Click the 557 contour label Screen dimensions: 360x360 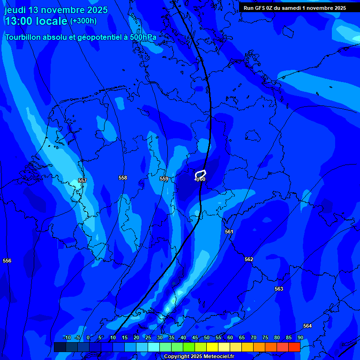point(82,180)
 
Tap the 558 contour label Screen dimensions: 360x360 point(123,178)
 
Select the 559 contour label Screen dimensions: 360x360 point(164,179)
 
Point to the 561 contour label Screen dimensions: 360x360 point(229,232)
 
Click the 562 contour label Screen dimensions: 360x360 point(249,259)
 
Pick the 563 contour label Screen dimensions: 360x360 point(279,289)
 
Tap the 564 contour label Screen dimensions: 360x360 point(307,326)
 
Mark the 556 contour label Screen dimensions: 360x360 point(7,261)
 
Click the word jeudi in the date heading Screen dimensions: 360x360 point(15,10)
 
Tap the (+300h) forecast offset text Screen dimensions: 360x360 point(83,21)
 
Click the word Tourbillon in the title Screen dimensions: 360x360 point(24,37)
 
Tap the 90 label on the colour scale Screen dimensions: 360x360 point(300,337)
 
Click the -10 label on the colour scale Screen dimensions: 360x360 point(67,337)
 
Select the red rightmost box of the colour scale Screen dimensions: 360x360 point(294,347)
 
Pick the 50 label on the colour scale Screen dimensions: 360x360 point(206,337)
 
